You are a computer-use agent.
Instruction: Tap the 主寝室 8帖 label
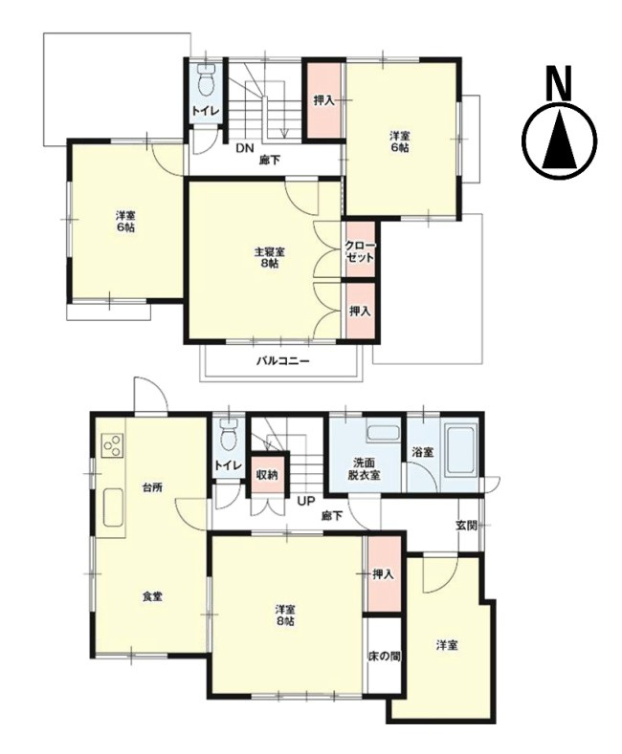(268, 257)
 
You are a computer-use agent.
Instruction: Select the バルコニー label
(282, 361)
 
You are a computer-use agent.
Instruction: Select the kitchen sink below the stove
(111, 507)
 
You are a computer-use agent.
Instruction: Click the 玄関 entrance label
(466, 525)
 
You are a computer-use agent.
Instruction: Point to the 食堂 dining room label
(152, 596)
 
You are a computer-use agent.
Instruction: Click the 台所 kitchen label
(152, 487)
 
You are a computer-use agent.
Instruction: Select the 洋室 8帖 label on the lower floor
(284, 614)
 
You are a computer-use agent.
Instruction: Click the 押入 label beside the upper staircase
(323, 99)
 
